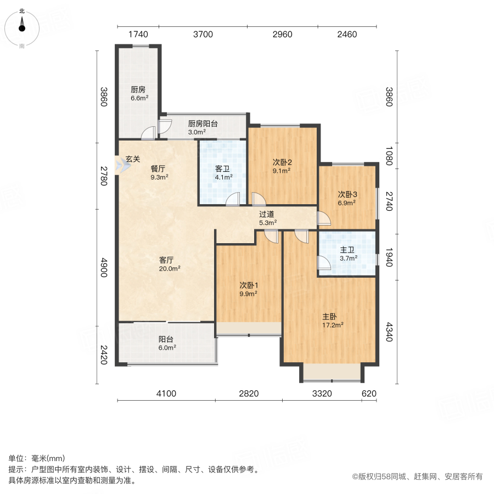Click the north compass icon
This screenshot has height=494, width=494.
click(x=22, y=26)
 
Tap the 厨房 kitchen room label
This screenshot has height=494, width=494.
click(x=138, y=94)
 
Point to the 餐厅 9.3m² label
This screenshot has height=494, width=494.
click(x=159, y=173)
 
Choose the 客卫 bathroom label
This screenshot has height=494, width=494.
click(x=223, y=173)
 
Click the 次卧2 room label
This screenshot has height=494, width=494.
click(x=282, y=166)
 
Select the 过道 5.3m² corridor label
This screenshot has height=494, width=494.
click(x=267, y=218)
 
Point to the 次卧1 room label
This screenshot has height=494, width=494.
click(x=248, y=289)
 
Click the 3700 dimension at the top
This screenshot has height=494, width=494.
click(x=203, y=35)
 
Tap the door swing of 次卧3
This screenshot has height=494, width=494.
click(x=324, y=220)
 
